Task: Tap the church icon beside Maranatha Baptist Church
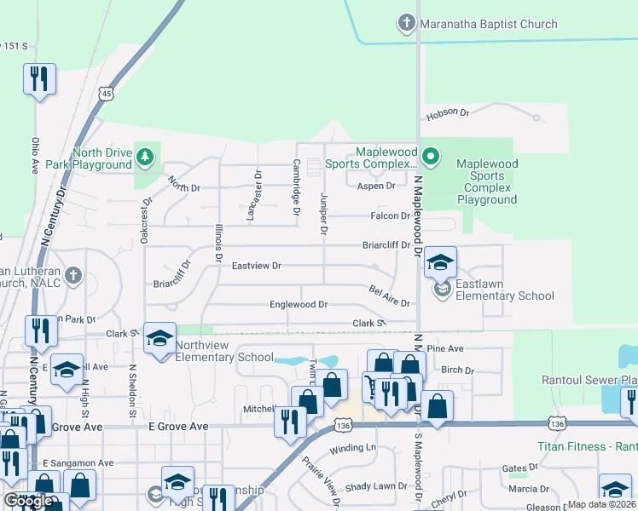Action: pos(408,23)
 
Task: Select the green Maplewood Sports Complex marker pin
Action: pos(432,156)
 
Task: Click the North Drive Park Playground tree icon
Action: pos(146,156)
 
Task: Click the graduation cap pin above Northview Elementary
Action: pos(159,338)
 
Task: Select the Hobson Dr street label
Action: pos(448,112)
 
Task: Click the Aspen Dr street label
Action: pos(377,186)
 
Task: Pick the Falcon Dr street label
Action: pos(392,216)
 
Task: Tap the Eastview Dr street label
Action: pos(256,266)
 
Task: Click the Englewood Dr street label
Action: pos(299,304)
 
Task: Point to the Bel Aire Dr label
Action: pos(390,296)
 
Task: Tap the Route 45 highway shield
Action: pos(105,93)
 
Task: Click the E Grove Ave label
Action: pos(177,426)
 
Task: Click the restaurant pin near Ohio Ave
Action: pos(38,79)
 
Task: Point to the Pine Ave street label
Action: pos(444,349)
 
